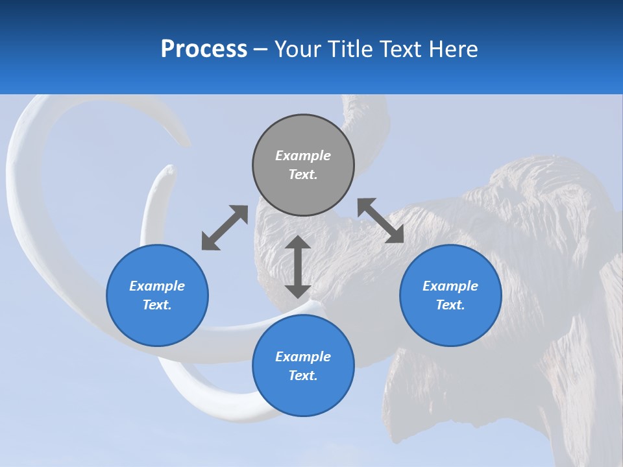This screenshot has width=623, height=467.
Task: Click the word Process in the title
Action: click(x=204, y=49)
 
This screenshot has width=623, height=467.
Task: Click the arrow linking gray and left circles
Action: click(x=225, y=228)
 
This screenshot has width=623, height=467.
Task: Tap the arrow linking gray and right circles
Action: click(x=381, y=221)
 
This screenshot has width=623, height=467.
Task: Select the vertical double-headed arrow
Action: click(x=298, y=267)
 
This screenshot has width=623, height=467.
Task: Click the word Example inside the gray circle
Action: click(x=303, y=156)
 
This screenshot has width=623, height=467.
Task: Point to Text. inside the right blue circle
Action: click(x=450, y=305)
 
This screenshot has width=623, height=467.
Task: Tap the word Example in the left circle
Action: click(x=157, y=286)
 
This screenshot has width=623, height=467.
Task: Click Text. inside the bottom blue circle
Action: click(x=303, y=376)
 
